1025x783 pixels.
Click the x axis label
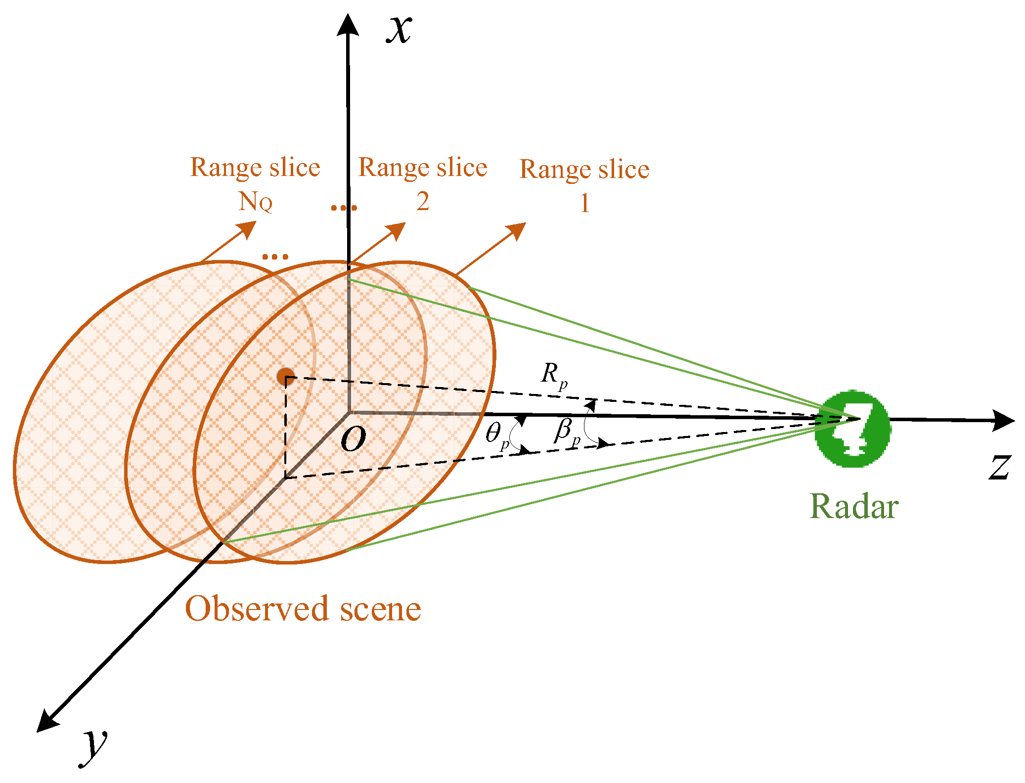tap(399, 30)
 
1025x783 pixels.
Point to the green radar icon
tap(852, 429)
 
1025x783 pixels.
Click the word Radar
tap(853, 507)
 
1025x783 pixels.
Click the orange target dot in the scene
tap(286, 377)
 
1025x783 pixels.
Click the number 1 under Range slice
tap(584, 203)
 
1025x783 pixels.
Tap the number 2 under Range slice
tap(422, 201)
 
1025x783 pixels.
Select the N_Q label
tap(255, 202)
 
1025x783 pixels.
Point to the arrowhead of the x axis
tap(348, 25)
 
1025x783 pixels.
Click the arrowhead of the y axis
tap(47, 722)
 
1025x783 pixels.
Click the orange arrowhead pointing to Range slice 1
tap(517, 230)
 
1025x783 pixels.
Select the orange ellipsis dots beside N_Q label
tap(344, 207)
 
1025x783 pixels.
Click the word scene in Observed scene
tap(380, 609)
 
